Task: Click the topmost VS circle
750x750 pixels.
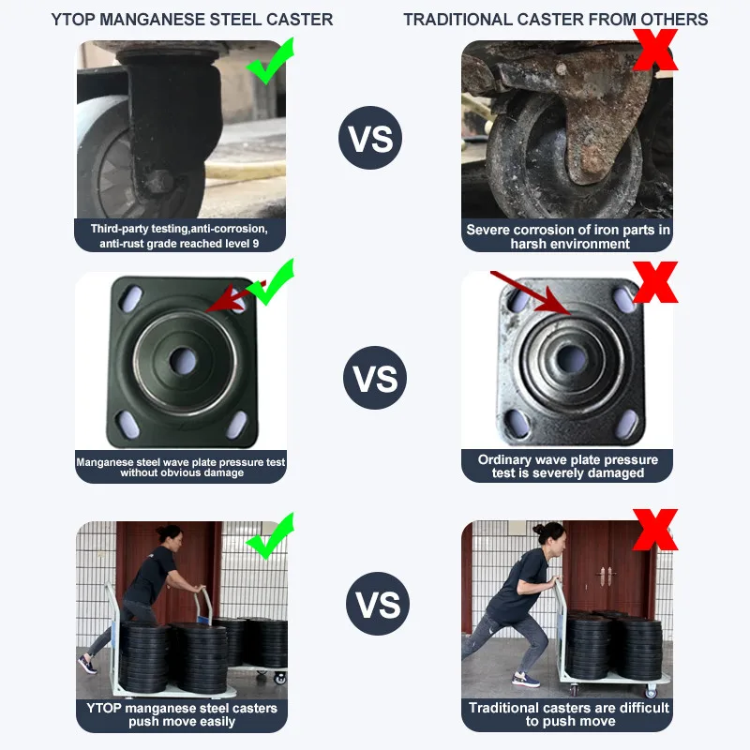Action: tap(370, 138)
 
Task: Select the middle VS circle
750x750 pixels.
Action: tap(375, 378)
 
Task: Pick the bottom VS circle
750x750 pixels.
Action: tap(378, 604)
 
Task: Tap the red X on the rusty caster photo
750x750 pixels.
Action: tap(655, 50)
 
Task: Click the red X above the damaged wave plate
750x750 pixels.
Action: tap(655, 282)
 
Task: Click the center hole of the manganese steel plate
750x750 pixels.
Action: tap(183, 361)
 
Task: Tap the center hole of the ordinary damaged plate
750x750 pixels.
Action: tap(572, 359)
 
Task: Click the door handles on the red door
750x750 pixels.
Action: tap(606, 576)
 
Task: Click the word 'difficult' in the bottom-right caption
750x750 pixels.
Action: tap(643, 708)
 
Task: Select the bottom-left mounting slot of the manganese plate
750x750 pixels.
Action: tap(128, 424)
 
